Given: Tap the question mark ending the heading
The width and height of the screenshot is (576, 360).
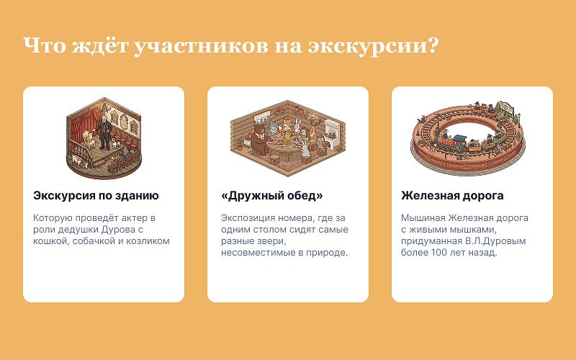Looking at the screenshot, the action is pos(433,45).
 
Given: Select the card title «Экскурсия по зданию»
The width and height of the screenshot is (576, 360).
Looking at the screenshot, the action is pos(96,195).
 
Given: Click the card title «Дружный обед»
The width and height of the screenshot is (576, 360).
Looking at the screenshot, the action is pos(272,195).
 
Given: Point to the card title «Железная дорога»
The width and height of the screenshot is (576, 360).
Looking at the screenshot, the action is pos(452,195).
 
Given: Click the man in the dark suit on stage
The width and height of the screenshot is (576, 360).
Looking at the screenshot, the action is pos(104,132).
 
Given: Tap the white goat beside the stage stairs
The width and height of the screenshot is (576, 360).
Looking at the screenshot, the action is pos(78,160).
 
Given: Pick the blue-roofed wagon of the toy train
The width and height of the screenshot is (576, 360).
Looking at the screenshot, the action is pos(459,141).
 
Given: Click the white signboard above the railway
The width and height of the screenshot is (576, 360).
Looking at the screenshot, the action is pos(507,108).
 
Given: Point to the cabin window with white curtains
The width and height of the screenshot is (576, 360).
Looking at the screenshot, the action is pos(261,117).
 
